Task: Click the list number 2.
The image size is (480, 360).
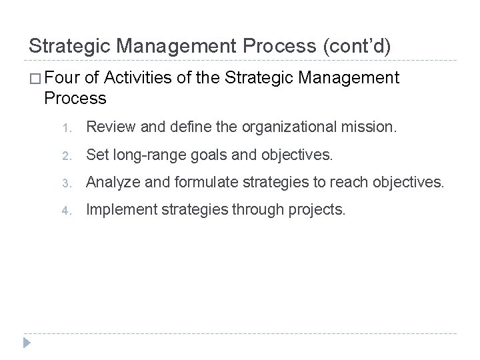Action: click(76, 156)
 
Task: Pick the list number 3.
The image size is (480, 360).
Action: click(76, 182)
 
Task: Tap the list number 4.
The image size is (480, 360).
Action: click(76, 211)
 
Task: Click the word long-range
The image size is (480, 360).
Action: click(143, 155)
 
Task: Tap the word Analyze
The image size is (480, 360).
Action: click(112, 181)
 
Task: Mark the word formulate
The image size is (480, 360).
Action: click(189, 181)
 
